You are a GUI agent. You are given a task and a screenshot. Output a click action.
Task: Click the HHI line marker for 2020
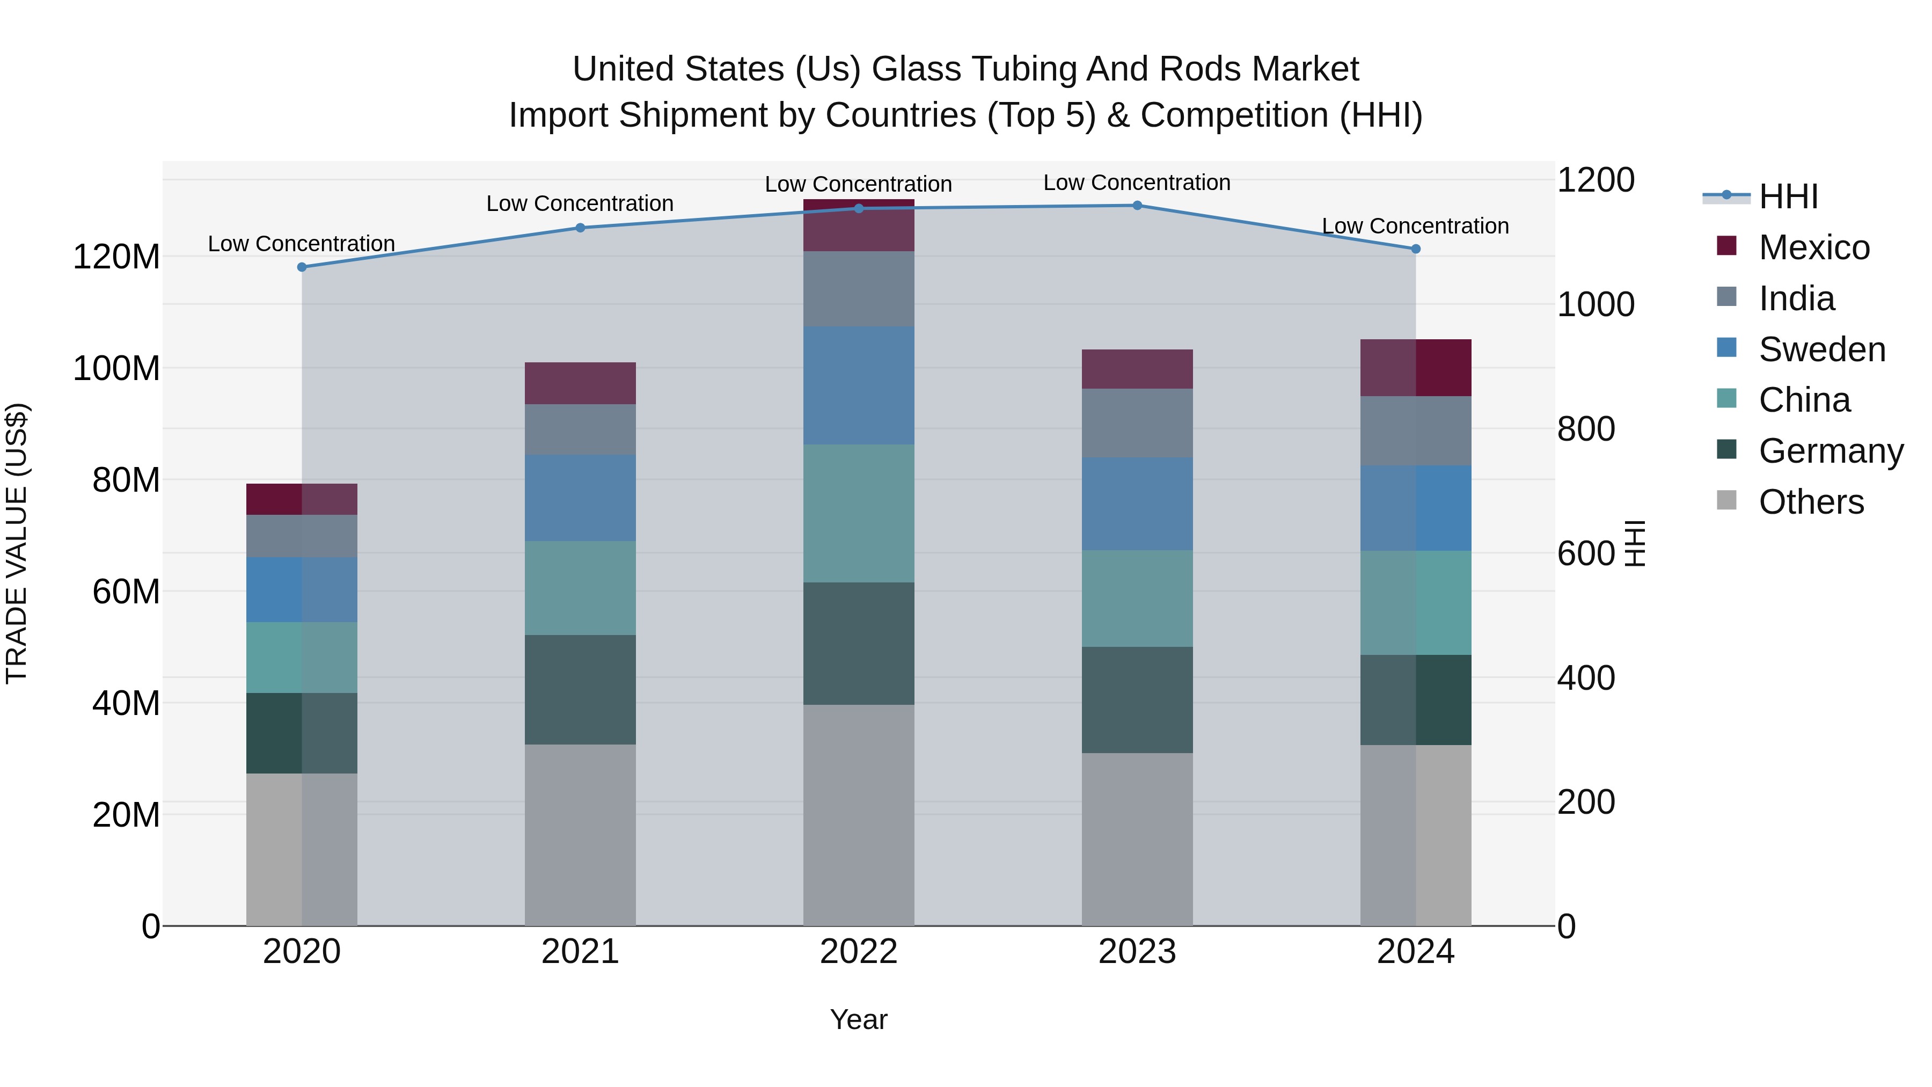click(302, 267)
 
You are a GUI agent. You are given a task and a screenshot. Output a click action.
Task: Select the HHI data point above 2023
click(1137, 206)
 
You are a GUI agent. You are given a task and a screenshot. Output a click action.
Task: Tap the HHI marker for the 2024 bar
click(1415, 249)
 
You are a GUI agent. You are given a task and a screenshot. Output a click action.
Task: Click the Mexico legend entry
click(1813, 247)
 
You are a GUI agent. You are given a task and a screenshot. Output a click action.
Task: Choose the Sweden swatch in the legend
click(1726, 348)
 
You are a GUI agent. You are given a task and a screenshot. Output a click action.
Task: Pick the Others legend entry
click(1811, 502)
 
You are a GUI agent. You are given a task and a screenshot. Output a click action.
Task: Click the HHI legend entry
click(1788, 196)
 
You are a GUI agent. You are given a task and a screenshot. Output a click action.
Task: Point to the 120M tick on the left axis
click(116, 257)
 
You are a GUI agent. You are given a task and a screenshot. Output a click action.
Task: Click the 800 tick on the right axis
click(1585, 429)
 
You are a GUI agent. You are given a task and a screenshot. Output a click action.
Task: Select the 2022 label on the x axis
click(858, 952)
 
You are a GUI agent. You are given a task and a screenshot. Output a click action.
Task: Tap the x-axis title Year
click(858, 1019)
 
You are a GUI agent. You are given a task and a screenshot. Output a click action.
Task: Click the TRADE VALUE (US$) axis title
click(17, 543)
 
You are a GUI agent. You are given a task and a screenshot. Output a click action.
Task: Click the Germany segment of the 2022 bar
click(858, 643)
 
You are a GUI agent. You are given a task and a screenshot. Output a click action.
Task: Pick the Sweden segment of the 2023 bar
click(1137, 504)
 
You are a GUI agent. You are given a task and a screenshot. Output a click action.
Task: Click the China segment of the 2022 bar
click(858, 513)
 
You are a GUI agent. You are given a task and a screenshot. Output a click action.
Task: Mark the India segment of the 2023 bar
click(1137, 423)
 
